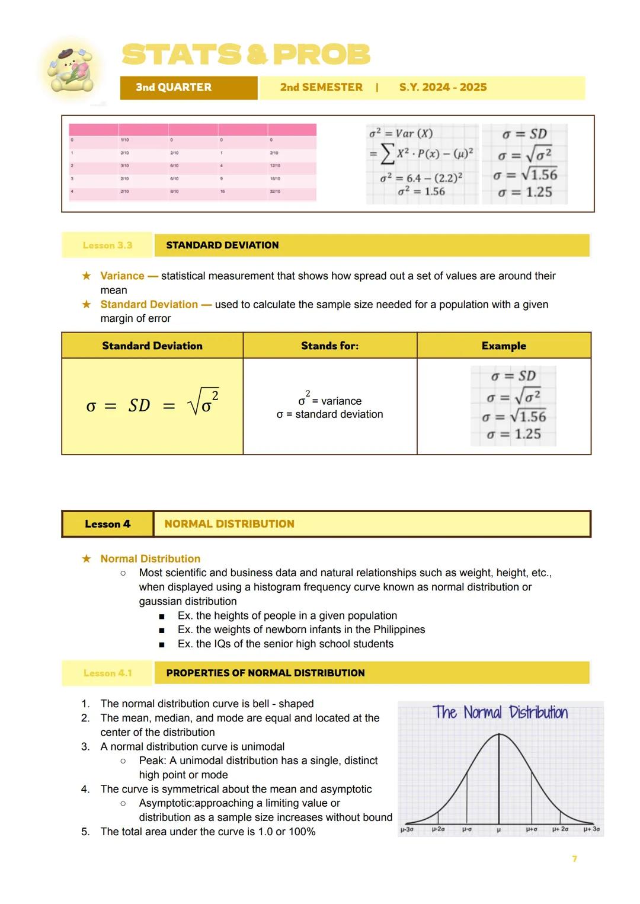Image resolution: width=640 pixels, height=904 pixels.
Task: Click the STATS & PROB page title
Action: tap(246, 55)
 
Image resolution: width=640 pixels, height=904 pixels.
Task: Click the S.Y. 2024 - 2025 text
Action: tap(443, 87)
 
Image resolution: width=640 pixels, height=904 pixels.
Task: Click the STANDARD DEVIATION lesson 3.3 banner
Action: tap(372, 245)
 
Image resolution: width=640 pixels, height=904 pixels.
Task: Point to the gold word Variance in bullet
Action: tap(122, 276)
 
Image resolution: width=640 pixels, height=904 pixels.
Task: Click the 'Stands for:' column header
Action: tap(329, 346)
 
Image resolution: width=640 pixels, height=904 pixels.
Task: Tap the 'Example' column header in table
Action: tap(504, 346)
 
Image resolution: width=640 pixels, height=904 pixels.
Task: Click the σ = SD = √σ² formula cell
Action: tap(152, 405)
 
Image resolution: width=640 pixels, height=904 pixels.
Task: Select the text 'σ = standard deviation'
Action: tap(329, 414)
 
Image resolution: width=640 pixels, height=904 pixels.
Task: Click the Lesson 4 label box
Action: tap(107, 524)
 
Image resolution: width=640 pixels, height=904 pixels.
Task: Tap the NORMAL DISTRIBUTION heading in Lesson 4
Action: tap(229, 524)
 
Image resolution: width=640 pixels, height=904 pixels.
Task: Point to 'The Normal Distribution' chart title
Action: tap(500, 713)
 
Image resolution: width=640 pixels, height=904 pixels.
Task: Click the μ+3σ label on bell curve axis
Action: tap(591, 829)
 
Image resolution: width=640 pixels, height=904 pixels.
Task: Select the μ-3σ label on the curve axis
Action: tap(407, 829)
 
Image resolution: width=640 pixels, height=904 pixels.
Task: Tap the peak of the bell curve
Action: tap(499, 735)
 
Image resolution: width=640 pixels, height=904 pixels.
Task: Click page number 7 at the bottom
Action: tap(574, 859)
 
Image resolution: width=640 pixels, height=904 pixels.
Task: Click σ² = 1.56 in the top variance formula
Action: tap(421, 191)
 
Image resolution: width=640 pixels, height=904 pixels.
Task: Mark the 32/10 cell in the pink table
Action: tap(275, 191)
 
